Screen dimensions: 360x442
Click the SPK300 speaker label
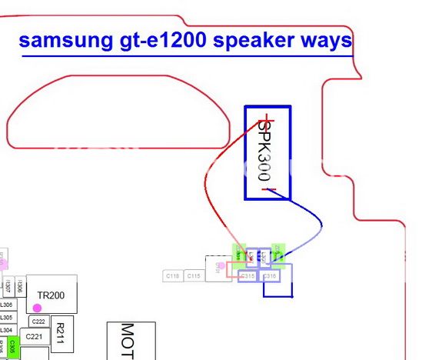pyautogui.click(x=267, y=152)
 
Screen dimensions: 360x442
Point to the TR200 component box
pyautogui.click(x=52, y=294)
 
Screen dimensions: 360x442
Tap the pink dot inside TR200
pyautogui.click(x=36, y=308)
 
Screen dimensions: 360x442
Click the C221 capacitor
pyautogui.click(x=34, y=336)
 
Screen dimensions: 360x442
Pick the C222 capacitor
pyautogui.click(x=38, y=322)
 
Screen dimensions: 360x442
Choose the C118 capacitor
pyautogui.click(x=172, y=275)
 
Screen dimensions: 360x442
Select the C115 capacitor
pyautogui.click(x=194, y=275)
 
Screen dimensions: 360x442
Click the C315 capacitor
pyautogui.click(x=248, y=275)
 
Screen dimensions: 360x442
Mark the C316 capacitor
pyautogui.click(x=270, y=275)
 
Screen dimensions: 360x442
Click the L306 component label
pyautogui.click(x=6, y=305)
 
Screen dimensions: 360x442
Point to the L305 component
pyautogui.click(x=6, y=317)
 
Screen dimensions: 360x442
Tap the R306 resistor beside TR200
pyautogui.click(x=21, y=287)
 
